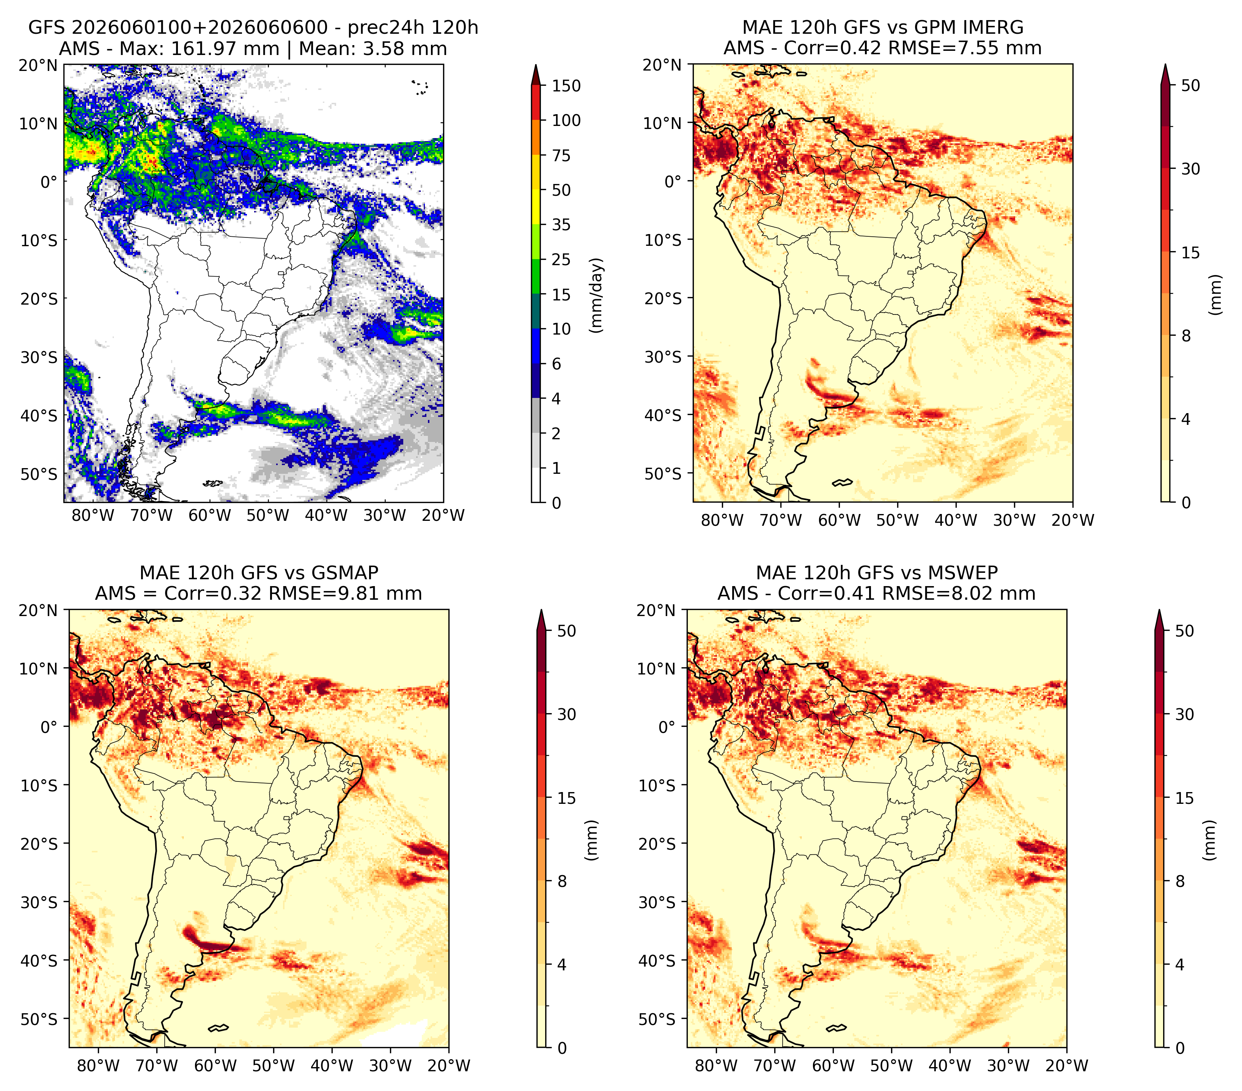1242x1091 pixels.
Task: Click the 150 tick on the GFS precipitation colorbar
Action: pyautogui.click(x=566, y=86)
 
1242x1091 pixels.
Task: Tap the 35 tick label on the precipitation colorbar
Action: pyautogui.click(x=561, y=225)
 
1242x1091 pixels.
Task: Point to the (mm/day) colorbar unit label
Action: pyautogui.click(x=597, y=295)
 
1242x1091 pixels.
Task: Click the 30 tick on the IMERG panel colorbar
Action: pyautogui.click(x=1191, y=169)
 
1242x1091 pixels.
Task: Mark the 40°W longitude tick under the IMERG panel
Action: pyautogui.click(x=956, y=520)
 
